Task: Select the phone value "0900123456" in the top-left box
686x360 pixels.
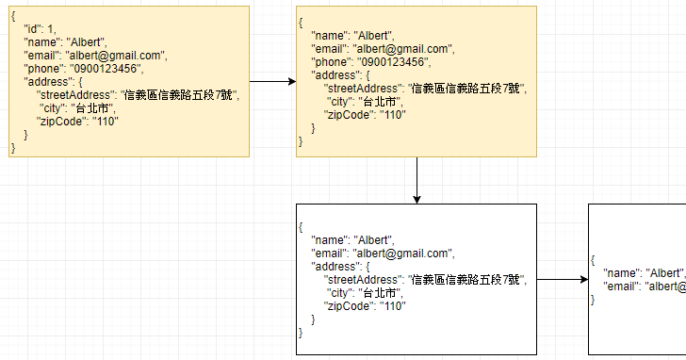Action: pyautogui.click(x=104, y=68)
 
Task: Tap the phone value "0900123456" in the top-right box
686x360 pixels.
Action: pyautogui.click(x=391, y=62)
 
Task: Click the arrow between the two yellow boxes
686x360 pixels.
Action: pyautogui.click(x=272, y=82)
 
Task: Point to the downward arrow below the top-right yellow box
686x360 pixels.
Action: pyautogui.click(x=416, y=179)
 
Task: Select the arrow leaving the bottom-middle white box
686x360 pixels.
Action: pyautogui.click(x=562, y=280)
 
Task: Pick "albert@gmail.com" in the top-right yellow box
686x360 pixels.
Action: pyautogui.click(x=404, y=49)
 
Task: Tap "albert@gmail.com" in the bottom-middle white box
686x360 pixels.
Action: pyautogui.click(x=404, y=253)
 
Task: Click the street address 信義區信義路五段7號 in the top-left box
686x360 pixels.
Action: pyautogui.click(x=180, y=94)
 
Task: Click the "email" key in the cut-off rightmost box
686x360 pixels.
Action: pyautogui.click(x=622, y=286)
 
